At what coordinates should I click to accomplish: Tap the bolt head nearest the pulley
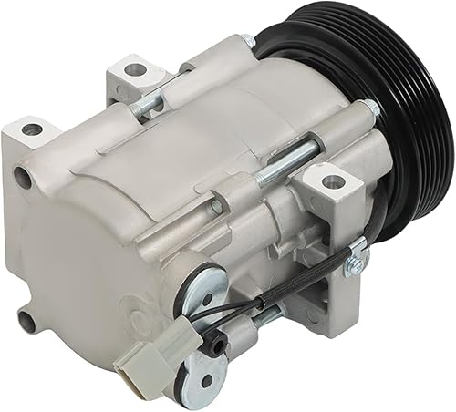[370, 108]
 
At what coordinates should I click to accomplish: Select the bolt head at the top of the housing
[246, 42]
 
